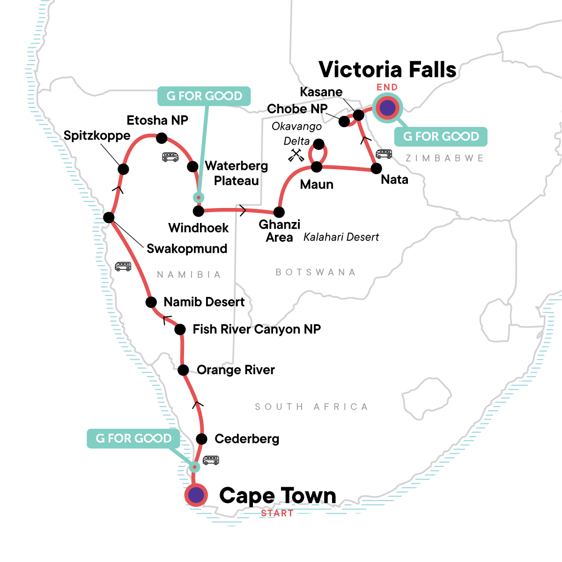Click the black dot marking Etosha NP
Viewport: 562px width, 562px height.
pyautogui.click(x=161, y=138)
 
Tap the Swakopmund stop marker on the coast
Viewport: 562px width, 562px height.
pyautogui.click(x=109, y=217)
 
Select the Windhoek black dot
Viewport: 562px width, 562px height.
pyautogui.click(x=199, y=211)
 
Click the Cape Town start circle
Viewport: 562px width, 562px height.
pyautogui.click(x=196, y=495)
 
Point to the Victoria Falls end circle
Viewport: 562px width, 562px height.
pyautogui.click(x=387, y=108)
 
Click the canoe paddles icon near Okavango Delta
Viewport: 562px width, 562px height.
pyautogui.click(x=296, y=155)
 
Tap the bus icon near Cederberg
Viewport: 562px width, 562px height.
pyautogui.click(x=211, y=460)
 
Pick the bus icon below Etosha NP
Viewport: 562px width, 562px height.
pyautogui.click(x=170, y=157)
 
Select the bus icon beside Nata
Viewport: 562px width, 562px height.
pyautogui.click(x=384, y=154)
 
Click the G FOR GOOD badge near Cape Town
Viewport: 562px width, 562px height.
pyautogui.click(x=133, y=438)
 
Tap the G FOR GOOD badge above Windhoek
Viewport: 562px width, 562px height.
pyautogui.click(x=204, y=96)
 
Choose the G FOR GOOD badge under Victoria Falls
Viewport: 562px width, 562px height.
pyautogui.click(x=441, y=136)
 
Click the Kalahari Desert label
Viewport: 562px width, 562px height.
pyautogui.click(x=341, y=237)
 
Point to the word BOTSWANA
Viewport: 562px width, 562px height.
pyautogui.click(x=315, y=272)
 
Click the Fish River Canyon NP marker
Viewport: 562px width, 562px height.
pyautogui.click(x=180, y=330)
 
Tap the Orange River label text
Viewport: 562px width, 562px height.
pyautogui.click(x=236, y=370)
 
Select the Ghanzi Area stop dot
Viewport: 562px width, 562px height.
pyautogui.click(x=279, y=212)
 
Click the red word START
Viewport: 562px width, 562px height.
pyautogui.click(x=277, y=513)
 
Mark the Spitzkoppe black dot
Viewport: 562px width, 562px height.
pyautogui.click(x=123, y=169)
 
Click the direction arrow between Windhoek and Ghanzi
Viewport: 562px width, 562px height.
pyautogui.click(x=243, y=210)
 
